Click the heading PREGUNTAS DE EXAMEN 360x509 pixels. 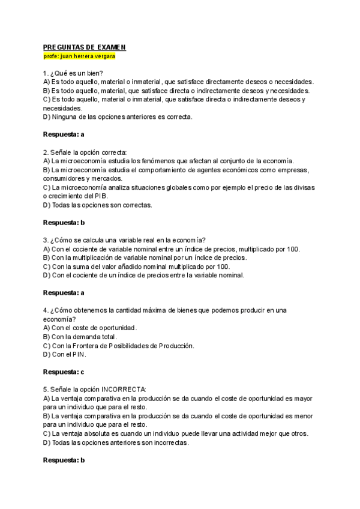click(85, 47)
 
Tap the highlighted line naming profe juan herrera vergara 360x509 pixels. click(80, 56)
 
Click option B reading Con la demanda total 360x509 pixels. click(80, 337)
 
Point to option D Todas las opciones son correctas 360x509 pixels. click(97, 205)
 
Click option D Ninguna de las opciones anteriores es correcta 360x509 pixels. click(118, 117)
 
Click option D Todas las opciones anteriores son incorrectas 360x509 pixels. click(116, 442)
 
